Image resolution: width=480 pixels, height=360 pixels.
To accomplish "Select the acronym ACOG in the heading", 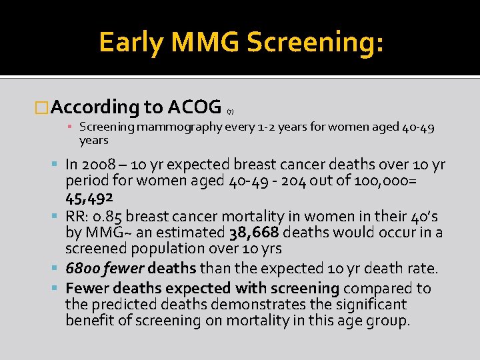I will (195, 107).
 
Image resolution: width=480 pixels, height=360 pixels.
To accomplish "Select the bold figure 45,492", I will (89, 198).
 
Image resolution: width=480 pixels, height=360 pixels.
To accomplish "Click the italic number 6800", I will (83, 269).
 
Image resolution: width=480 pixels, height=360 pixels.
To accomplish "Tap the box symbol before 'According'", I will (42, 107).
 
